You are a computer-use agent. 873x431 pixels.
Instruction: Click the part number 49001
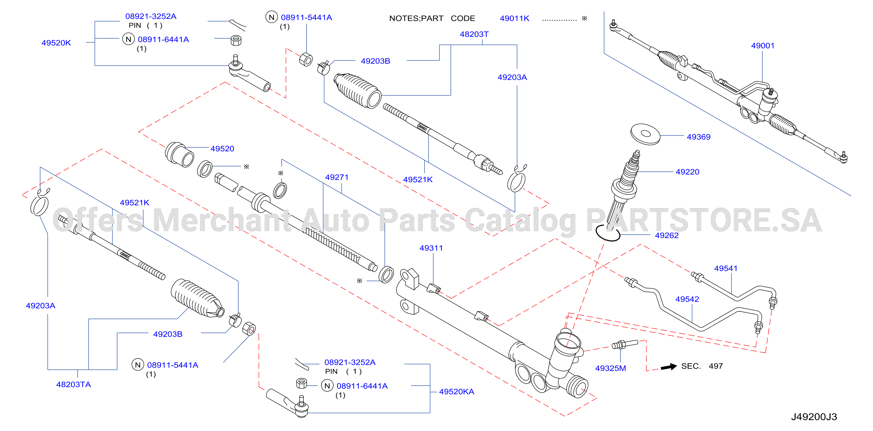coord(763,46)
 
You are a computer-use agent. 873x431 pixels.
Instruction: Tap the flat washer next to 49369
coord(645,134)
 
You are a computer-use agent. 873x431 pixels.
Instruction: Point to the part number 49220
coord(687,172)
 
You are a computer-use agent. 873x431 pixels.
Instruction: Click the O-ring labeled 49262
coord(608,233)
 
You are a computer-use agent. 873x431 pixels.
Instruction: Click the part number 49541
coord(726,268)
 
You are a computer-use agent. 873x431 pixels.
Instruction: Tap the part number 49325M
coord(610,368)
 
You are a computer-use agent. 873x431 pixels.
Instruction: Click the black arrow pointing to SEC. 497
coord(669,367)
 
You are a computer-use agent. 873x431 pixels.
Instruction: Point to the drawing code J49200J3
coord(814,416)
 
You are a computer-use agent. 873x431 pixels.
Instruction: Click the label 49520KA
coord(457,392)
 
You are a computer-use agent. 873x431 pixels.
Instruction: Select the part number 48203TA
coord(74,384)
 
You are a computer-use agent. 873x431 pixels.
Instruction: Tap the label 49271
coord(337,177)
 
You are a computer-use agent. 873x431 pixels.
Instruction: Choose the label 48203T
coord(474,34)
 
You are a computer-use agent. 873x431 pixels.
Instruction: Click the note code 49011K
coord(514,18)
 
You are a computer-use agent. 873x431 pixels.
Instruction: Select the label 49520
coord(222,149)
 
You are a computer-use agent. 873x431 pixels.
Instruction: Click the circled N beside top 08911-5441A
coord(271,17)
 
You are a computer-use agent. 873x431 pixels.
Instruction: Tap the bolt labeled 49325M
coord(625,344)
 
